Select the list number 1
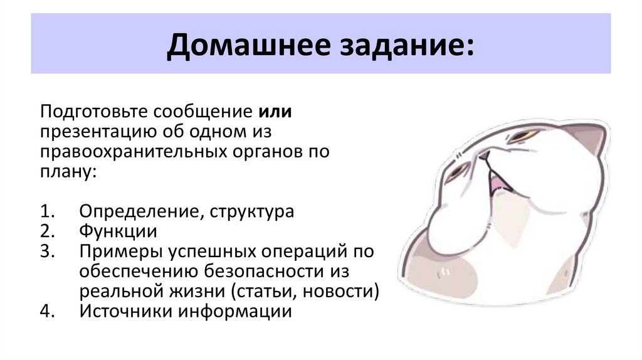tap(45, 211)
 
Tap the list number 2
tap(45, 231)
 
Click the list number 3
tap(45, 251)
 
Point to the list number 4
tap(45, 311)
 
